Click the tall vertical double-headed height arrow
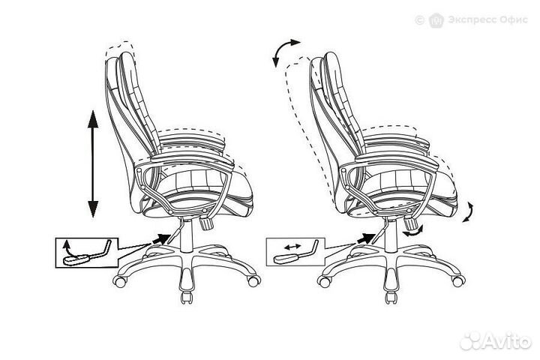[x=93, y=163]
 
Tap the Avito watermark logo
[x=495, y=342]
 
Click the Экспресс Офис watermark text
[x=487, y=19]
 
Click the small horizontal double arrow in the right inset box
[x=292, y=247]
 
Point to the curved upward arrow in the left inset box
[x=67, y=249]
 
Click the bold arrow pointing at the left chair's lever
[x=160, y=238]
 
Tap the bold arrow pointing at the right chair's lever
[x=367, y=238]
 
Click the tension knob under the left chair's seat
[x=207, y=223]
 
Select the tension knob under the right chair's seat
[x=411, y=222]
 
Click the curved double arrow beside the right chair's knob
[x=413, y=232]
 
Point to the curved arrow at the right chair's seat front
[x=469, y=211]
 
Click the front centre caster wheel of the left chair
[x=186, y=296]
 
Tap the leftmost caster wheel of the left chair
[x=120, y=281]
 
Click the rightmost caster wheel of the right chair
[x=459, y=280]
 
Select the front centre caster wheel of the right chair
[x=391, y=296]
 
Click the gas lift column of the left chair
[x=186, y=235]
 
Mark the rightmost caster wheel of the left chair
[x=253, y=280]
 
